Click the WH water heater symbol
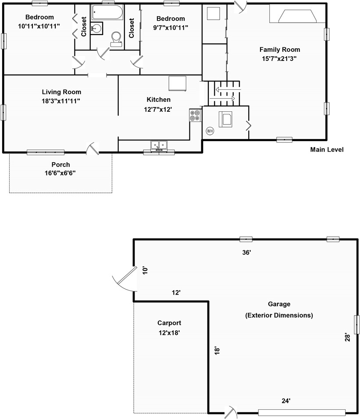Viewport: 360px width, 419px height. tap(210, 131)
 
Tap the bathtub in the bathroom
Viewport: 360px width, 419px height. tap(107, 12)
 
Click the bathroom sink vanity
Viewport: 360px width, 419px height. tap(96, 28)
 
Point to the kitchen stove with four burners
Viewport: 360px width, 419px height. tap(196, 115)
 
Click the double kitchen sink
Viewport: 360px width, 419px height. tap(159, 146)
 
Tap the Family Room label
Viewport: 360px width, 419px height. tap(280, 50)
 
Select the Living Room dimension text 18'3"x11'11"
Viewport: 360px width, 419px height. tap(61, 101)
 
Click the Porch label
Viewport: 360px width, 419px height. tap(61, 165)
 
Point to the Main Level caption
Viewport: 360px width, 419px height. tap(327, 149)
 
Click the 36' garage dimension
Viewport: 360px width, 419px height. tap(246, 252)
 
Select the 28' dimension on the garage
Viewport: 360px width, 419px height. tap(347, 337)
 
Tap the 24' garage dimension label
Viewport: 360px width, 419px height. tap(286, 401)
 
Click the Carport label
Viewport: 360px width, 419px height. tap(169, 323)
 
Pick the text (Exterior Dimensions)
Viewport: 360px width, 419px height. tap(279, 315)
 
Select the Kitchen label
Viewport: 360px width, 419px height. tap(158, 99)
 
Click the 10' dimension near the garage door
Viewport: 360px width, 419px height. tap(145, 270)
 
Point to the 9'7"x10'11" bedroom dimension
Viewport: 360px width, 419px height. tap(171, 28)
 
